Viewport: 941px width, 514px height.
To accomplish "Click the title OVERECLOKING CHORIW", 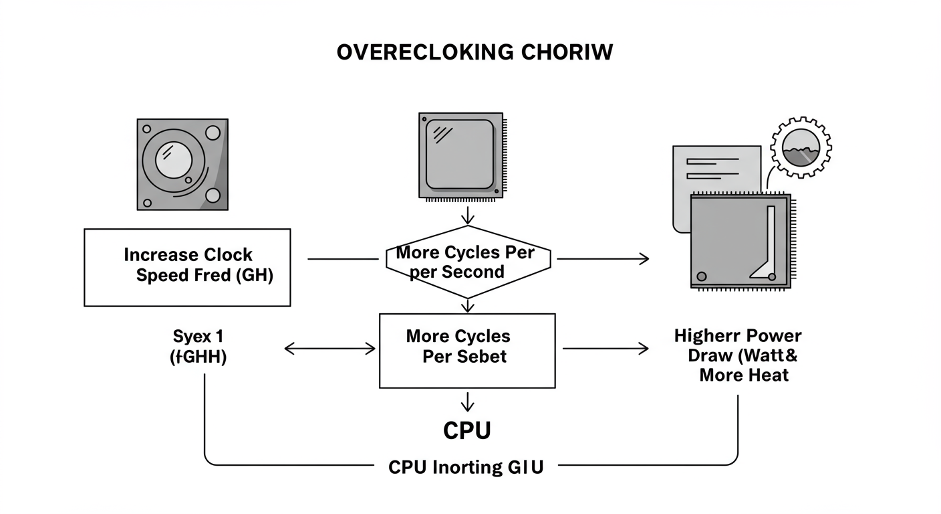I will pyautogui.click(x=475, y=53).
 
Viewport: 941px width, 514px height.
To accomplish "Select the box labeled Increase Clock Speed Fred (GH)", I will pyautogui.click(x=187, y=267).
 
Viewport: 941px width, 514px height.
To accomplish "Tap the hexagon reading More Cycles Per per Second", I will pyautogui.click(x=467, y=262).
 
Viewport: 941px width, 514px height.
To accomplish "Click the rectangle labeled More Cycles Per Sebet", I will pyautogui.click(x=467, y=351).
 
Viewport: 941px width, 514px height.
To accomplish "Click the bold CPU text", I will pyautogui.click(x=467, y=431).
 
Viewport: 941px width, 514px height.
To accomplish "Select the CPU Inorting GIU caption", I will pyautogui.click(x=466, y=467).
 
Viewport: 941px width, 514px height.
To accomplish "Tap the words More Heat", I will pyautogui.click(x=743, y=375).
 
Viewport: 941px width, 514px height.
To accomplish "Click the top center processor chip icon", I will pyautogui.click(x=460, y=155).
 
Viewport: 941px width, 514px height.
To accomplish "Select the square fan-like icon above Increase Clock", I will pyautogui.click(x=182, y=165).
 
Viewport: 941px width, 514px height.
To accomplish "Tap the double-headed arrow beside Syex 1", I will pyautogui.click(x=330, y=348).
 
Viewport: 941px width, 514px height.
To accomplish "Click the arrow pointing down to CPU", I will pyautogui.click(x=467, y=402).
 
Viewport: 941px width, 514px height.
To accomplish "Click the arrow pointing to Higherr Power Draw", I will pyautogui.click(x=606, y=348).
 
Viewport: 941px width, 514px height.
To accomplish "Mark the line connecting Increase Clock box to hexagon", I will pyautogui.click(x=342, y=259).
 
